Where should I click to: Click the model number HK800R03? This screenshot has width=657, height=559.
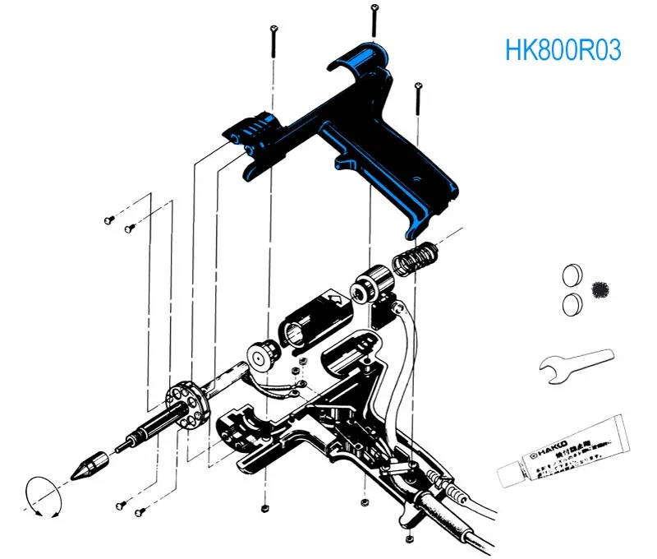[x=563, y=50]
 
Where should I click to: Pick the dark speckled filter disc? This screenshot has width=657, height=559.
[x=600, y=289]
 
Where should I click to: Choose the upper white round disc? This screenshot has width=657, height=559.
[x=572, y=274]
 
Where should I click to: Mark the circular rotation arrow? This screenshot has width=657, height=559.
[x=44, y=496]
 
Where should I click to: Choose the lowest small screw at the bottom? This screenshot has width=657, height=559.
[x=408, y=539]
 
